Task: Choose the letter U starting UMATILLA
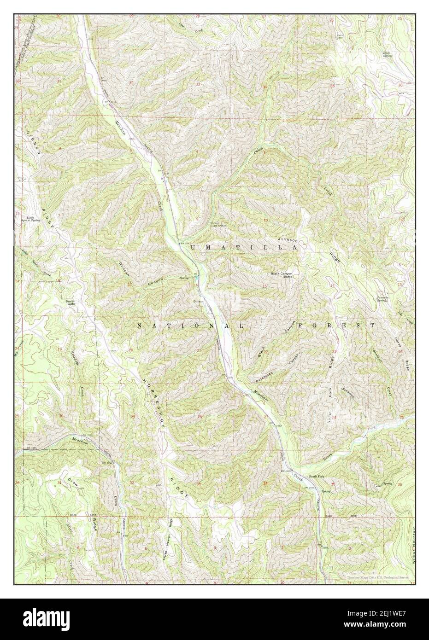tap(193, 248)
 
